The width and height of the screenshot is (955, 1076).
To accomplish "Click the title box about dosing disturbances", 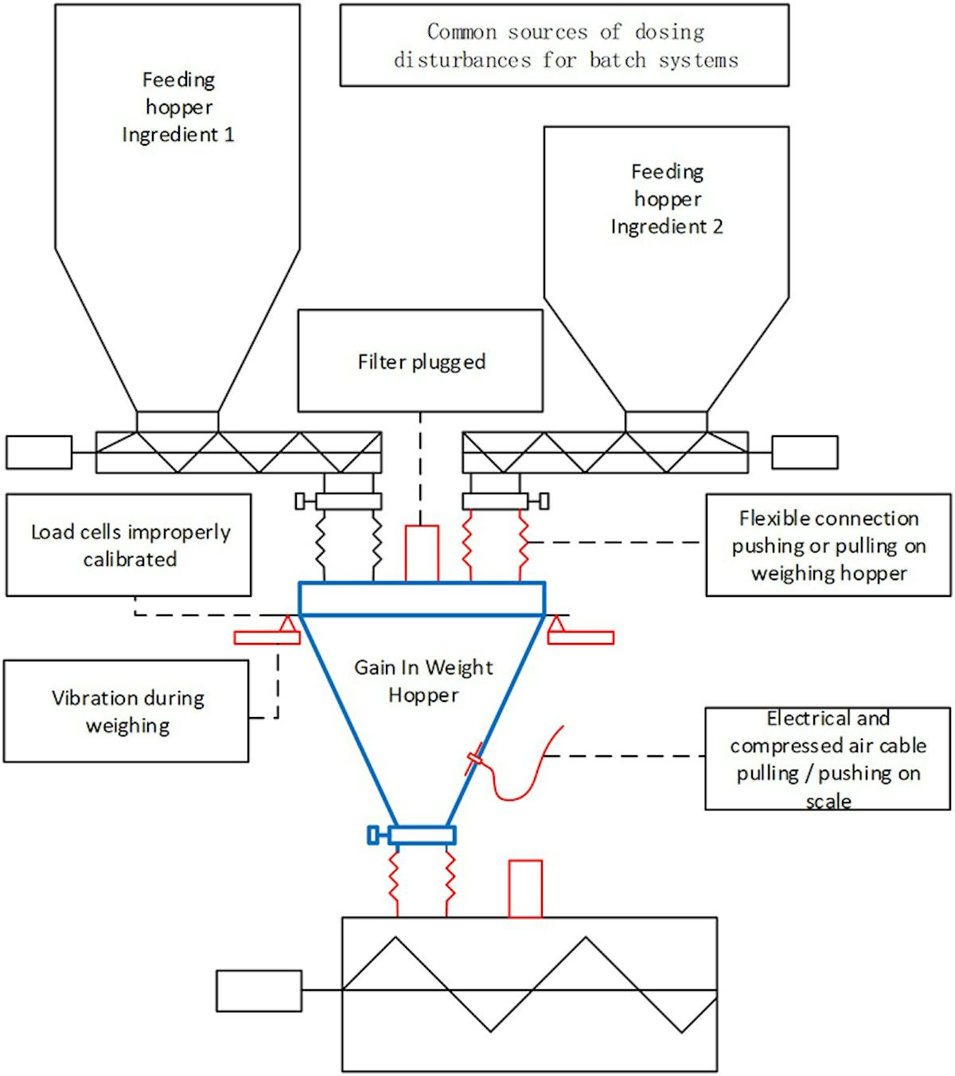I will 564,45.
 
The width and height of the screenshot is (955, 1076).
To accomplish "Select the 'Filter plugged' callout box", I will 420,361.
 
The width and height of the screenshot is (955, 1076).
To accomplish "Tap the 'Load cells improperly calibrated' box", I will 129,545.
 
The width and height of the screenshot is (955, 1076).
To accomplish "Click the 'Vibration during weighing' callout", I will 127,711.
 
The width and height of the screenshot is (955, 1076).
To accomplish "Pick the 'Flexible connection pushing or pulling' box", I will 828,545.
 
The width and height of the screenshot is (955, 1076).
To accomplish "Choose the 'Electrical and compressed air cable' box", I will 828,758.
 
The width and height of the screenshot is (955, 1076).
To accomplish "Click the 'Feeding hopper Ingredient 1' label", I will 178,107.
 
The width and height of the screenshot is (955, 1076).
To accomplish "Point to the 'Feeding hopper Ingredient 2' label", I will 667,199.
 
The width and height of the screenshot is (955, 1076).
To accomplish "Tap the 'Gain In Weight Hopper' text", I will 423,680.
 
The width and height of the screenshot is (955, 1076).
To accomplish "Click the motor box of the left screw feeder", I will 39,452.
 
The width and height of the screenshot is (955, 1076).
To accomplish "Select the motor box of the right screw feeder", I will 805,452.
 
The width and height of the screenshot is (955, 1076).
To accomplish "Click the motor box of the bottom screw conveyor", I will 259,991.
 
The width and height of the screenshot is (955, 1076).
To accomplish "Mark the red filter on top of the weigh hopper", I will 422,553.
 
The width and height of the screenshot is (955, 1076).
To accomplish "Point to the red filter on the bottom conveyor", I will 525,889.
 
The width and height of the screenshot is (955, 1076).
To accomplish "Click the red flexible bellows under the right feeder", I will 495,546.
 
